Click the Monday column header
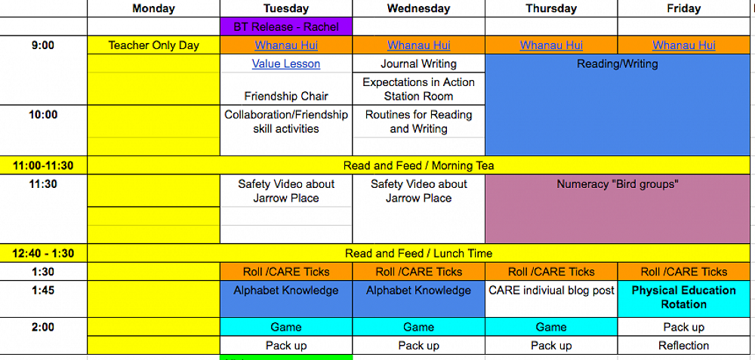click(153, 8)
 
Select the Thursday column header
click(551, 8)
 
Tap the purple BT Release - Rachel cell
click(286, 26)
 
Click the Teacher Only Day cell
click(154, 45)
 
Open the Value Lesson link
click(286, 64)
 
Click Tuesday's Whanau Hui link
click(286, 45)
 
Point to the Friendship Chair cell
click(286, 96)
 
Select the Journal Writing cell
click(418, 64)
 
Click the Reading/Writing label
click(618, 64)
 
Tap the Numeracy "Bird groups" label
click(618, 184)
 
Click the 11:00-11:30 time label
click(44, 165)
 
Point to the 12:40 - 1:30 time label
click(44, 254)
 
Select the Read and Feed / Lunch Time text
click(418, 254)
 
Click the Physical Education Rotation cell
click(684, 297)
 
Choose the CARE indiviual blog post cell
click(551, 291)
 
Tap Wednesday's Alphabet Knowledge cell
click(418, 291)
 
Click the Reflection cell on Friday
click(684, 346)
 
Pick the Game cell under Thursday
click(551, 327)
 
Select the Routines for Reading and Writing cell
click(418, 122)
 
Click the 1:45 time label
click(44, 291)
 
